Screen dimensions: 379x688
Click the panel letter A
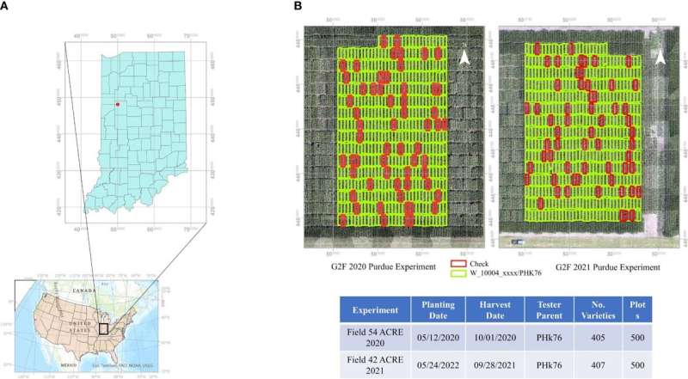[x=7, y=6]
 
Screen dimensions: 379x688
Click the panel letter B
[x=298, y=6]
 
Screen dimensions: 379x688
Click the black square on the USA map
[x=104, y=327]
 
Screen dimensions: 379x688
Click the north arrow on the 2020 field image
[x=463, y=58]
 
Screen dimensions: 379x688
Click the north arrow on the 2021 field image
[x=660, y=57]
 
